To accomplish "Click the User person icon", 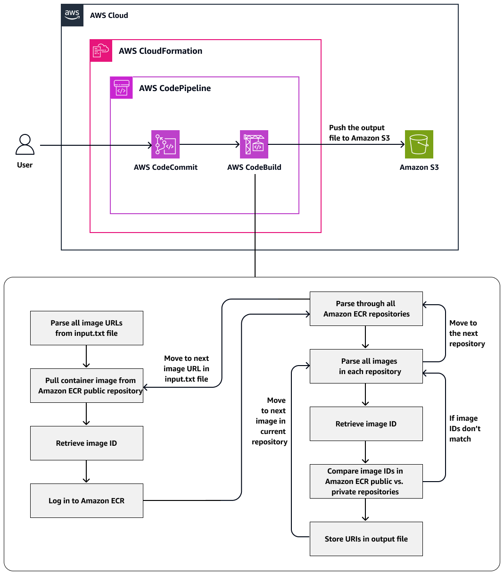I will click(x=25, y=145).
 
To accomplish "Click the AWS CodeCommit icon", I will click(x=165, y=144).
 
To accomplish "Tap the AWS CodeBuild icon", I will click(x=254, y=144).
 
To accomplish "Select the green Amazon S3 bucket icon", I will click(x=419, y=144).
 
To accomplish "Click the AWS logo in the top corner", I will click(x=73, y=15).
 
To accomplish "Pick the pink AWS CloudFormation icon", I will click(x=101, y=51).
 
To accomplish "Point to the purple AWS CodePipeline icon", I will click(x=122, y=88).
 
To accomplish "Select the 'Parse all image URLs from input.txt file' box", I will click(x=87, y=328).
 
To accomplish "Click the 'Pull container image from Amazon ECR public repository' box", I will click(x=87, y=385).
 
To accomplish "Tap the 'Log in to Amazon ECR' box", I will click(x=87, y=500).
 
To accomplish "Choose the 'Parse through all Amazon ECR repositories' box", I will click(x=366, y=308).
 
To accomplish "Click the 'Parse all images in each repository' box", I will click(x=366, y=366).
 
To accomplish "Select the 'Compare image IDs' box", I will click(x=366, y=481).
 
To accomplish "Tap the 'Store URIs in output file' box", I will click(x=366, y=539).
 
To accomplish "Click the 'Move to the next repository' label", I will click(x=466, y=333).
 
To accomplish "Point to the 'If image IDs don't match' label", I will click(x=464, y=428).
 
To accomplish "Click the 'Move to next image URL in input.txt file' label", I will click(x=186, y=368).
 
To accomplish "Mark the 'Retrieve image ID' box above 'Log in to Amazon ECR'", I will click(x=87, y=443).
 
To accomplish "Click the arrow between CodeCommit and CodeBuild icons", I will click(x=209, y=144).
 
